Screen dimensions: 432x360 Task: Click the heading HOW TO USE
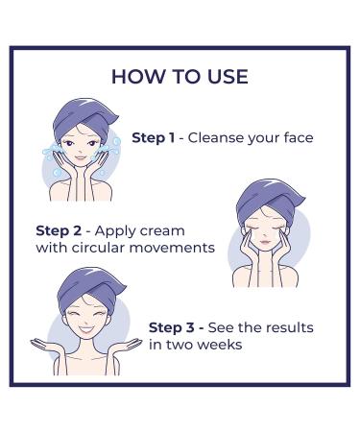180,76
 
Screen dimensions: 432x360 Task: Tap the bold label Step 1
153,137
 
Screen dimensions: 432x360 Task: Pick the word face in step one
297,137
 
